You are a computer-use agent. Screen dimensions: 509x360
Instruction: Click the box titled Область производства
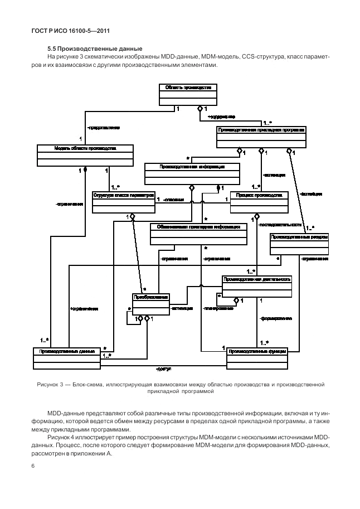point(188,94)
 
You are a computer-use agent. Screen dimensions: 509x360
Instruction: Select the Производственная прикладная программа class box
point(261,137)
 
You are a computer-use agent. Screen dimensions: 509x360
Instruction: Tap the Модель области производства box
point(85,155)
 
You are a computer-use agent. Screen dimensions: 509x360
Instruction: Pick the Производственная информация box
point(192,173)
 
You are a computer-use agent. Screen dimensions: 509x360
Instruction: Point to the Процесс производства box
point(259,202)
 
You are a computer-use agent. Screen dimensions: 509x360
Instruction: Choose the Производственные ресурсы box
point(299,243)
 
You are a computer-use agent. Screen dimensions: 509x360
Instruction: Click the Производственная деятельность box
point(256,285)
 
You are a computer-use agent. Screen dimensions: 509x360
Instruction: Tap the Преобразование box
point(151,304)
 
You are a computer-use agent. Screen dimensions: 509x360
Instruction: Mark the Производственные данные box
point(67,357)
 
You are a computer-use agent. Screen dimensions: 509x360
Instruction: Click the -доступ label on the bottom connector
point(163,369)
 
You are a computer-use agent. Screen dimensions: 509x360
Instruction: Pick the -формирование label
point(276,318)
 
